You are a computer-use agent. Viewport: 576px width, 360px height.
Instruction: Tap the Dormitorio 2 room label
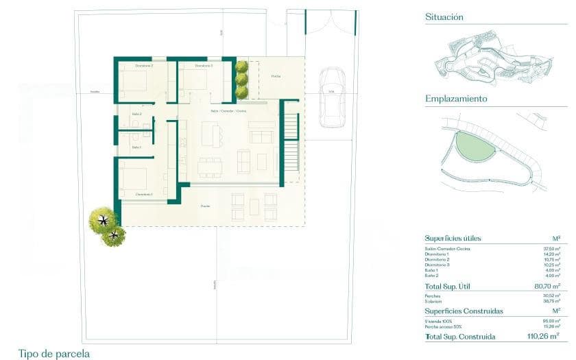[144, 66]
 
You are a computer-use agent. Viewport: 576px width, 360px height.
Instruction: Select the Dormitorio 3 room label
[204, 66]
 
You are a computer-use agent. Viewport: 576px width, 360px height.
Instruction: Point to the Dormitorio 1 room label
[144, 194]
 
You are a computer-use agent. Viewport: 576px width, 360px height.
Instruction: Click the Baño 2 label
[136, 115]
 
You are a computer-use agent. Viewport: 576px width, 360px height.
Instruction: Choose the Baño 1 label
[136, 147]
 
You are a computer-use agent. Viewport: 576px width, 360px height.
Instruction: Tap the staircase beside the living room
[291, 143]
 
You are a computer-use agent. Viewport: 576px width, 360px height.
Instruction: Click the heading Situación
[444, 16]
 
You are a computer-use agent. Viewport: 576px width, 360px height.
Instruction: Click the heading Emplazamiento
[456, 99]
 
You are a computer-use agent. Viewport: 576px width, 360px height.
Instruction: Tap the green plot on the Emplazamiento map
[475, 145]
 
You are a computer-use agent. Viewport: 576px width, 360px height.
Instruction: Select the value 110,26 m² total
[546, 337]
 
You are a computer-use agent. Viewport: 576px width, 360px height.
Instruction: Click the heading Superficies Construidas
[464, 311]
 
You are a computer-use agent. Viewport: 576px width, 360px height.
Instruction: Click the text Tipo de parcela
[54, 354]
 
